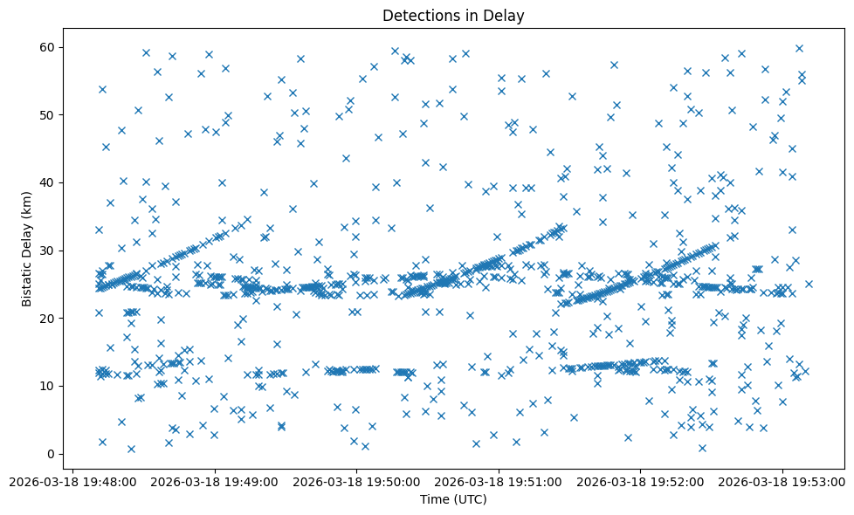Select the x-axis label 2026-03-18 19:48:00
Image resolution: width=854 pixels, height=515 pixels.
(72, 481)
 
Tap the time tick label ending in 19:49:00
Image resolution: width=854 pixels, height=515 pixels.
(215, 481)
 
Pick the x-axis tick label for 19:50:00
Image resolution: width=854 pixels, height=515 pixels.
(356, 481)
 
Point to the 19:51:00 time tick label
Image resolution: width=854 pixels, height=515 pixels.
(499, 481)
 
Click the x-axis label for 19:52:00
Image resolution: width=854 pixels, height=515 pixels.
(641, 481)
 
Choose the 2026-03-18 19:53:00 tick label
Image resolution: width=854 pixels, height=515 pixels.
(782, 481)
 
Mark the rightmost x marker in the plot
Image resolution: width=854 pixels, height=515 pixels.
(809, 284)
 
